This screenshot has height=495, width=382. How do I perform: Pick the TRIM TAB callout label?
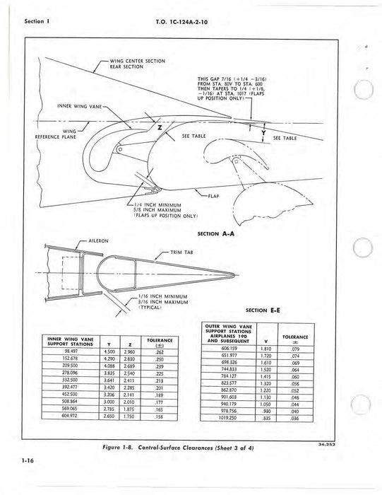pos(182,252)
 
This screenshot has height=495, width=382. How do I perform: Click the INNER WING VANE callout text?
pos(79,106)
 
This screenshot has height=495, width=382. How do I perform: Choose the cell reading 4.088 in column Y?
pos(110,366)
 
